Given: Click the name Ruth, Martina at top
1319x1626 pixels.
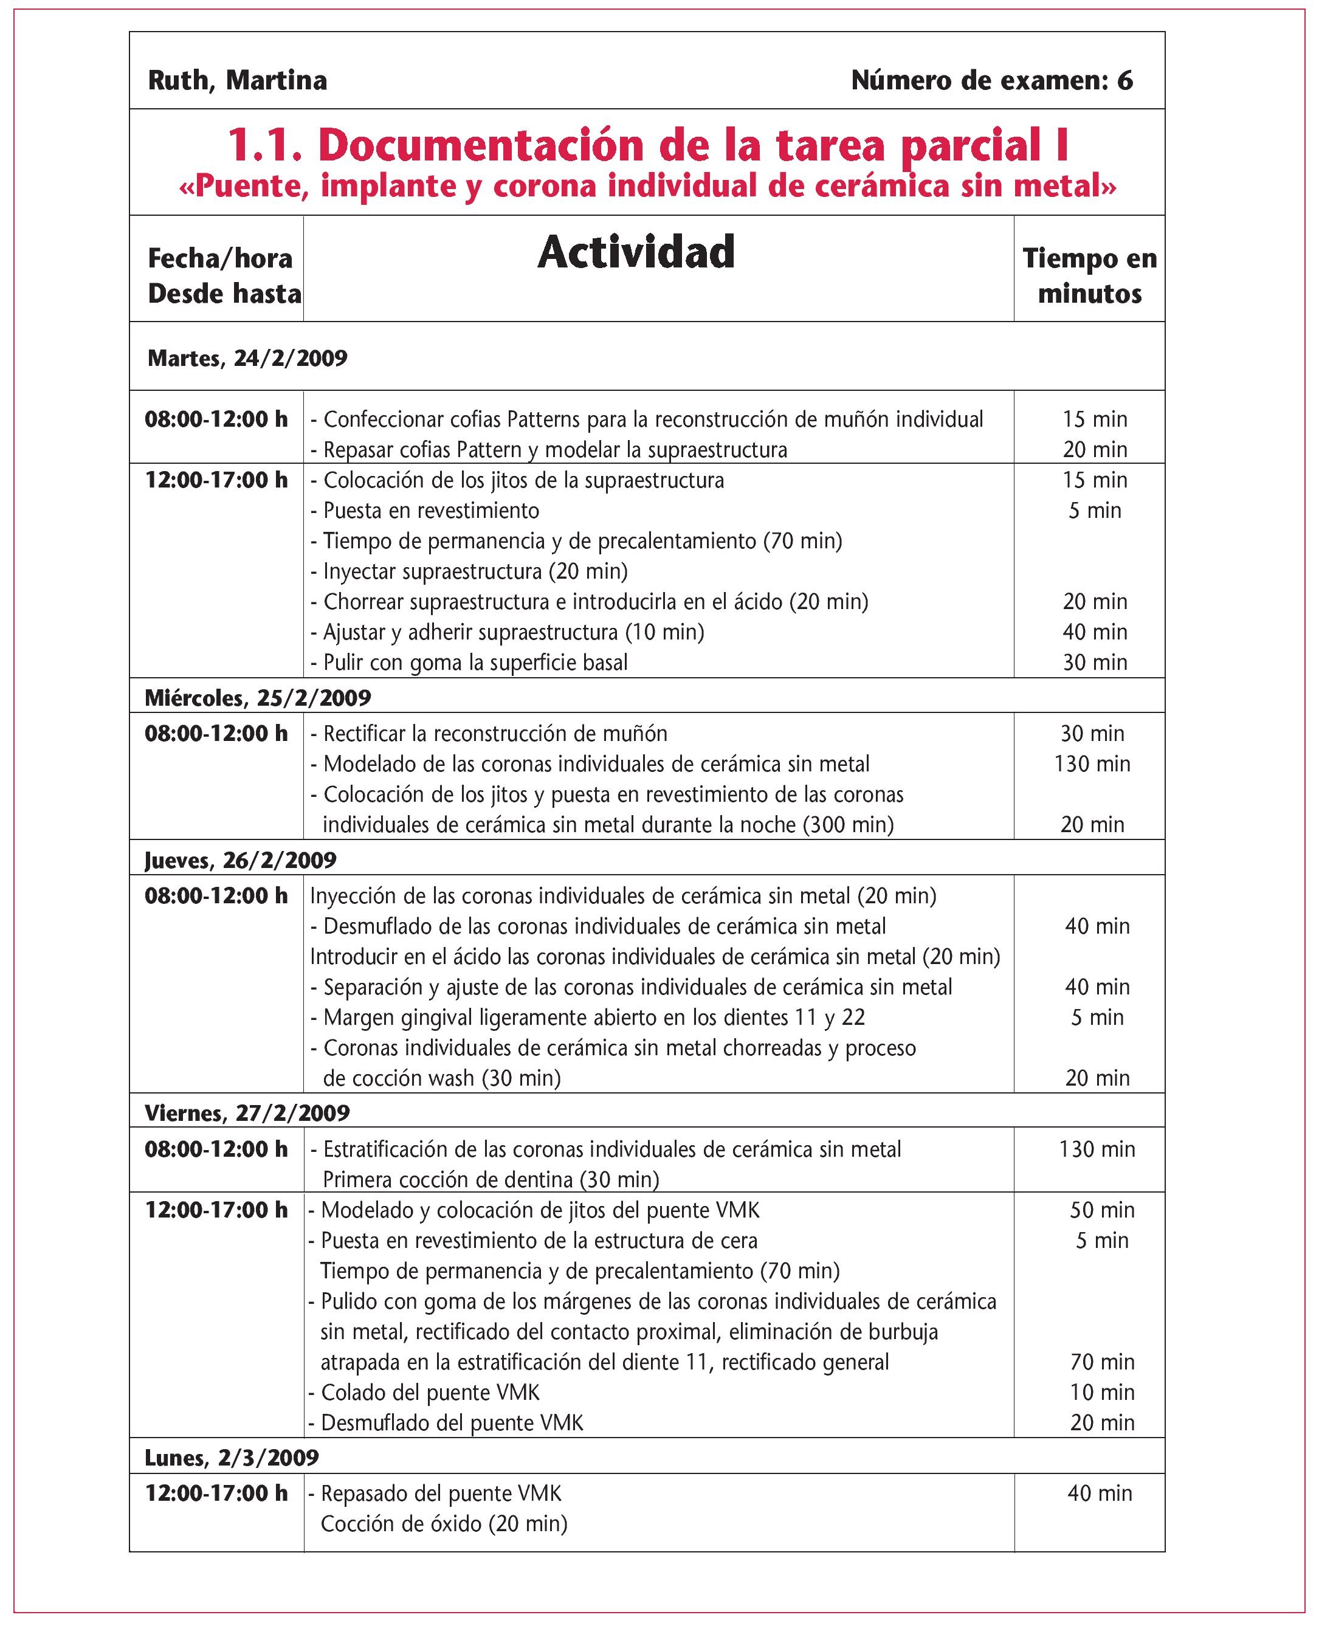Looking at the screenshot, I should coord(237,80).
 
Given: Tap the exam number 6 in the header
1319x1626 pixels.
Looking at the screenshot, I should coord(1124,80).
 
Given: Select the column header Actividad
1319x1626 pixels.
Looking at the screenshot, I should coord(636,252).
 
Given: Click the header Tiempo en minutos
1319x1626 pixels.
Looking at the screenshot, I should coord(1089,276).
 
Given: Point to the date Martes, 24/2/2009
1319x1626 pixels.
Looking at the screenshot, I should coord(247,358).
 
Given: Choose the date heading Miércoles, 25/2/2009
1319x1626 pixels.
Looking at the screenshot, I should coord(258,698).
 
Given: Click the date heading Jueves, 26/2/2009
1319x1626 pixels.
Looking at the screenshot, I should coord(240,860).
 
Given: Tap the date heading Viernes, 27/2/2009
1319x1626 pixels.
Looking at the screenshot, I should coord(247,1113).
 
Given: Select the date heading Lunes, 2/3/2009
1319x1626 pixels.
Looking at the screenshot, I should coord(232,1458).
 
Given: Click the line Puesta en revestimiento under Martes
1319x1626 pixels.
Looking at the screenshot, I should coord(431,511).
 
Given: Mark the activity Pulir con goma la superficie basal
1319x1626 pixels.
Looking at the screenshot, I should coord(475,663).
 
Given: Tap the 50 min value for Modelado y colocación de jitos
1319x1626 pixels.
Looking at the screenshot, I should coord(1101,1210).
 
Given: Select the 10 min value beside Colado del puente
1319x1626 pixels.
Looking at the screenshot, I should coord(1101,1392).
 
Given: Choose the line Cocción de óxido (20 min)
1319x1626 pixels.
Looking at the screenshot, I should coord(444,1523).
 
